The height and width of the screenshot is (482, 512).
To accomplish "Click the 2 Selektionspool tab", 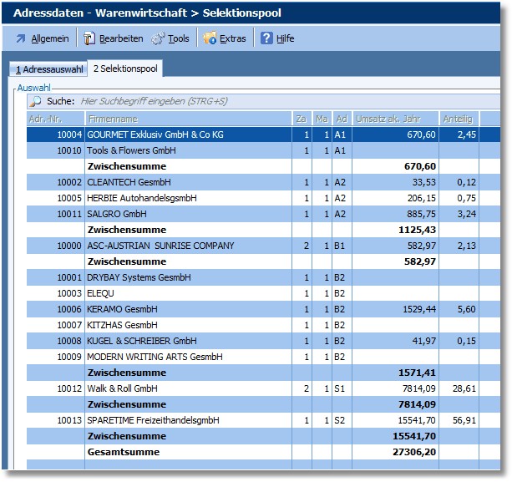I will (x=126, y=68).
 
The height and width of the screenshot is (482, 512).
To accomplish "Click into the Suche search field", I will (x=251, y=101).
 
